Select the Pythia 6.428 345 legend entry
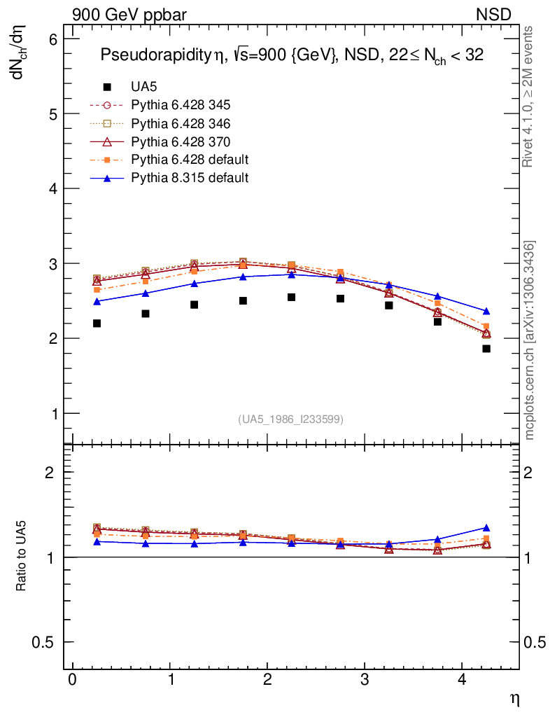181,105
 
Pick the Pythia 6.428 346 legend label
181,123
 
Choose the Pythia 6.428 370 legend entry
181,141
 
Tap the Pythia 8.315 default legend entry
189,178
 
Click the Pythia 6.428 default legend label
189,160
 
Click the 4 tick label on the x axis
461,681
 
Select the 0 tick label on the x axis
72,681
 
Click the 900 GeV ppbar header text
129,15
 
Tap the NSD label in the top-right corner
494,15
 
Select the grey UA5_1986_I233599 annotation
290,419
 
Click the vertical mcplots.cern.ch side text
530,340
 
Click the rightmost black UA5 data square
486,349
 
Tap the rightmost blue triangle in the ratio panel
486,528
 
